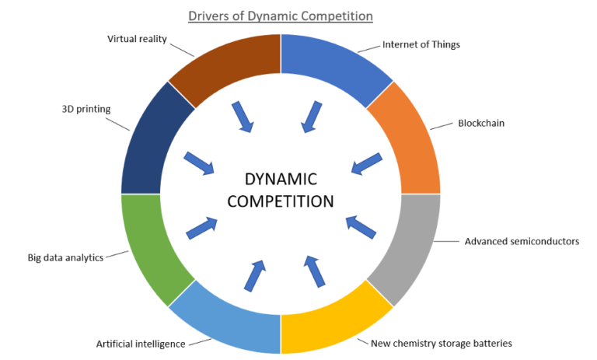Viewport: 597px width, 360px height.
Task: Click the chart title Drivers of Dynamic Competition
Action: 280,16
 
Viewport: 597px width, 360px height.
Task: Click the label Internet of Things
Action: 421,44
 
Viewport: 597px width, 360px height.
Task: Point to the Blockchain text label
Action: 482,123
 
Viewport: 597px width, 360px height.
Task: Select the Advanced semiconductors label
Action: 522,241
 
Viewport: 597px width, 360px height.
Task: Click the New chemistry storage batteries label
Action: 442,343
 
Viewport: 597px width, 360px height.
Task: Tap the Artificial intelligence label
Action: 141,343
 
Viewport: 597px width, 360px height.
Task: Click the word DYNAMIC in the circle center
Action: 280,179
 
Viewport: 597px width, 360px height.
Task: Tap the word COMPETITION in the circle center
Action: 280,201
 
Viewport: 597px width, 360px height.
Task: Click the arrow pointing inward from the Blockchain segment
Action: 366,163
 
